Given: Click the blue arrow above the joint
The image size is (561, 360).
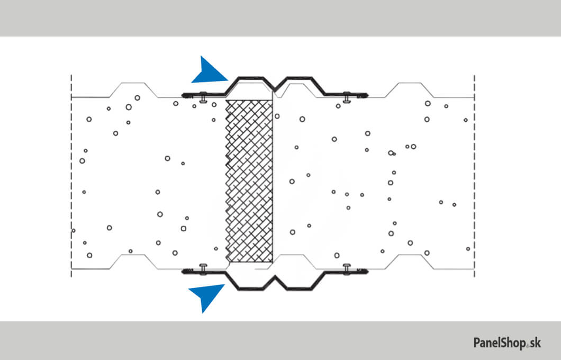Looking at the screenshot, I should (210, 72).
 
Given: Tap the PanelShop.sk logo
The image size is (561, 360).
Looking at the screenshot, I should (506, 343).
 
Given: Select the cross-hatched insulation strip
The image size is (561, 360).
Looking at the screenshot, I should (249, 181).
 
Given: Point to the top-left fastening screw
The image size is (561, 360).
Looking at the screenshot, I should (203, 97).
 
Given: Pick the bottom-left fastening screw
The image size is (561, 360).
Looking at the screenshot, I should (203, 269).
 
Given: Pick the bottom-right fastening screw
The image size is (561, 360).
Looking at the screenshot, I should (347, 269).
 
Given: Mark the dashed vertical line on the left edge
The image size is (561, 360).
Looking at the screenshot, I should (71, 175).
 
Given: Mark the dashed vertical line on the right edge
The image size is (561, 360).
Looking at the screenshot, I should (475, 175).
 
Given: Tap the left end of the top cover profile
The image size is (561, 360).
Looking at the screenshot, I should (184, 95).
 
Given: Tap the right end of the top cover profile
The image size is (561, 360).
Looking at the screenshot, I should (366, 96).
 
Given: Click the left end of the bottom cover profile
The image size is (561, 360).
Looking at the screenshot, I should (184, 272).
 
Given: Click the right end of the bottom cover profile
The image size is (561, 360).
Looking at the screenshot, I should (366, 272).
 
